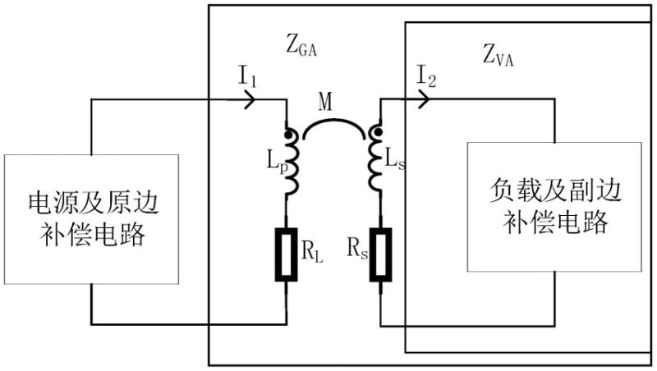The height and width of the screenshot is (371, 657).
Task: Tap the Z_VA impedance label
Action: click(x=500, y=57)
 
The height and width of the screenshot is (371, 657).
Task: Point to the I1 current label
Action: click(x=248, y=80)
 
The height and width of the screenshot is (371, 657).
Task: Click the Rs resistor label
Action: click(x=358, y=249)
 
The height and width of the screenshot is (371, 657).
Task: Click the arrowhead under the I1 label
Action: click(x=251, y=100)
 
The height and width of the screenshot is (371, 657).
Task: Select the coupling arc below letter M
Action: click(x=333, y=123)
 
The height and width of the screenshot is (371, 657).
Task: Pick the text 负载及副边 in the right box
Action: click(x=549, y=190)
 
